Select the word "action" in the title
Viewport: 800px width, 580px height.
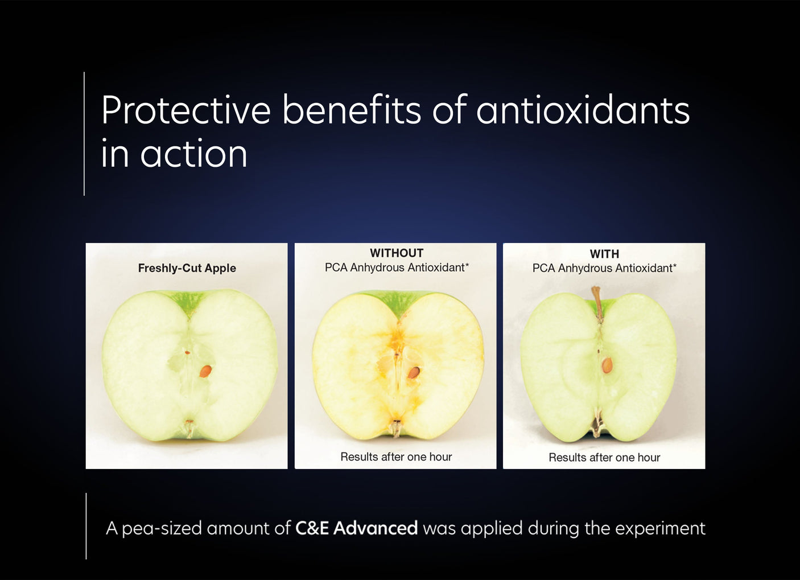[x=193, y=154]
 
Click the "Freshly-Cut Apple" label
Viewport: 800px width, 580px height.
[x=187, y=268]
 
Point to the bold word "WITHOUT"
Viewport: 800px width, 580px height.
[x=397, y=253]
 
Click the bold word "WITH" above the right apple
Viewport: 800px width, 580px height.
[x=604, y=254]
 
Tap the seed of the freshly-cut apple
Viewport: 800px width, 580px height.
[x=205, y=371]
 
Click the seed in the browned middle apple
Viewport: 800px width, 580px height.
[x=414, y=372]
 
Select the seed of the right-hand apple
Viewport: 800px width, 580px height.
[x=607, y=365]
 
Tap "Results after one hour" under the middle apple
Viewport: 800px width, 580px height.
[x=396, y=456]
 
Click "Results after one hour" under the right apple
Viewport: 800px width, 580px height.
[x=604, y=457]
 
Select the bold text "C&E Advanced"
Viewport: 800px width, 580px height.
[x=356, y=528]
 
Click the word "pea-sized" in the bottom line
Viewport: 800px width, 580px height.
[x=162, y=528]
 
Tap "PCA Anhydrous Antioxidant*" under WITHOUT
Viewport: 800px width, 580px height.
[x=397, y=268]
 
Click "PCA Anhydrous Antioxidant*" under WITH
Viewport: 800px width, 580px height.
[x=604, y=268]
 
